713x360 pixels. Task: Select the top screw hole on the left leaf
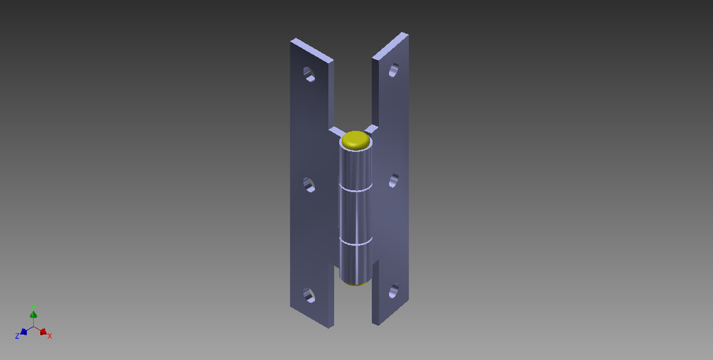308,73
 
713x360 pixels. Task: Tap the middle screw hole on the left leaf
309,186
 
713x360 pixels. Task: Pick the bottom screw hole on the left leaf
308,296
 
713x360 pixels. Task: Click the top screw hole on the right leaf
393,71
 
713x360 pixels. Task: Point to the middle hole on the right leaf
394,180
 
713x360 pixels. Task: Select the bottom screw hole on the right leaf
394,291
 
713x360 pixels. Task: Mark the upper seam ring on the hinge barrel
355,189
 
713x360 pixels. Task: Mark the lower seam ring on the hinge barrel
356,242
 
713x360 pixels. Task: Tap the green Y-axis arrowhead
33,315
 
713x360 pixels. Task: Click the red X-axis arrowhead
43,331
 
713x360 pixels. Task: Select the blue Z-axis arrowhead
24,332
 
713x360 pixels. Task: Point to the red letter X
50,336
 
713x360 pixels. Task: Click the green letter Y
33,307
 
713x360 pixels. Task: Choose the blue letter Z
16,336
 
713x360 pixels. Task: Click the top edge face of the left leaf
311,50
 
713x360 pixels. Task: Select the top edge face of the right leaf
390,45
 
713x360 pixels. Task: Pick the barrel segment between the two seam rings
356,215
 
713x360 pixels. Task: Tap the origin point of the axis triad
33,327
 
